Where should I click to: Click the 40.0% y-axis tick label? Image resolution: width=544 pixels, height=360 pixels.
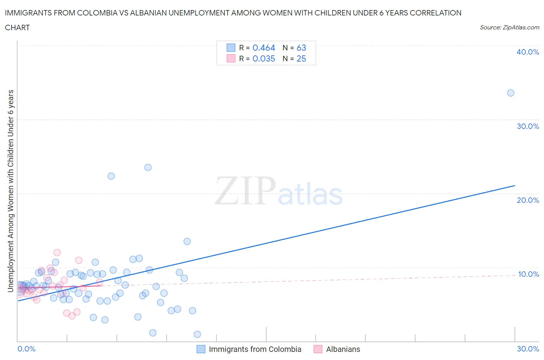tap(528, 52)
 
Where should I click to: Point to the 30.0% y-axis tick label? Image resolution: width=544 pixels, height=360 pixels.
tap(528, 126)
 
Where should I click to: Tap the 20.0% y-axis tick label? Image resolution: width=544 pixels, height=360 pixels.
tap(528, 200)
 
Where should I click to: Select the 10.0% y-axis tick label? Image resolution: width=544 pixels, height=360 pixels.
tap(528, 274)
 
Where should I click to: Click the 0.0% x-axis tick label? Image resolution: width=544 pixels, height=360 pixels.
tap(26, 349)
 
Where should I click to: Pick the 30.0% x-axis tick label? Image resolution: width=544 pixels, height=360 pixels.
tap(528, 349)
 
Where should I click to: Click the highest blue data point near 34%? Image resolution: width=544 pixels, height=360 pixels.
tap(511, 93)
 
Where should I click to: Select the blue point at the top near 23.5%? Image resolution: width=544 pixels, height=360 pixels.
tap(148, 168)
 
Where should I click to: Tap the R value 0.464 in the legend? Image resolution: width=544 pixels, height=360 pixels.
tap(263, 48)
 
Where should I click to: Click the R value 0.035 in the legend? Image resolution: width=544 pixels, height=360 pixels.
tap(263, 58)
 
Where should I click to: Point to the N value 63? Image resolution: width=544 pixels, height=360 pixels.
tap(301, 48)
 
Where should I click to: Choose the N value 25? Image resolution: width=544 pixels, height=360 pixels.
tap(301, 58)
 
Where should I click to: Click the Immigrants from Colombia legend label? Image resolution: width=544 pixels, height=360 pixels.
tap(255, 349)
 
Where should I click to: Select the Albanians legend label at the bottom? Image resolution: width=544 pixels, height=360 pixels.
tap(343, 349)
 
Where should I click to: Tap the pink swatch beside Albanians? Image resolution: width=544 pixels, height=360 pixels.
tap(318, 349)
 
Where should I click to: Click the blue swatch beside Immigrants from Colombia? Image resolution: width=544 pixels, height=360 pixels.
tap(201, 349)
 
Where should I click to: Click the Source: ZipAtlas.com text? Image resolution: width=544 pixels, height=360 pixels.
tap(509, 27)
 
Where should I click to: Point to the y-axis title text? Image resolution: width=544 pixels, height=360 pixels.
tap(11, 191)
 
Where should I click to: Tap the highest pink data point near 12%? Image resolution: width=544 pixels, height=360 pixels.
tap(57, 252)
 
